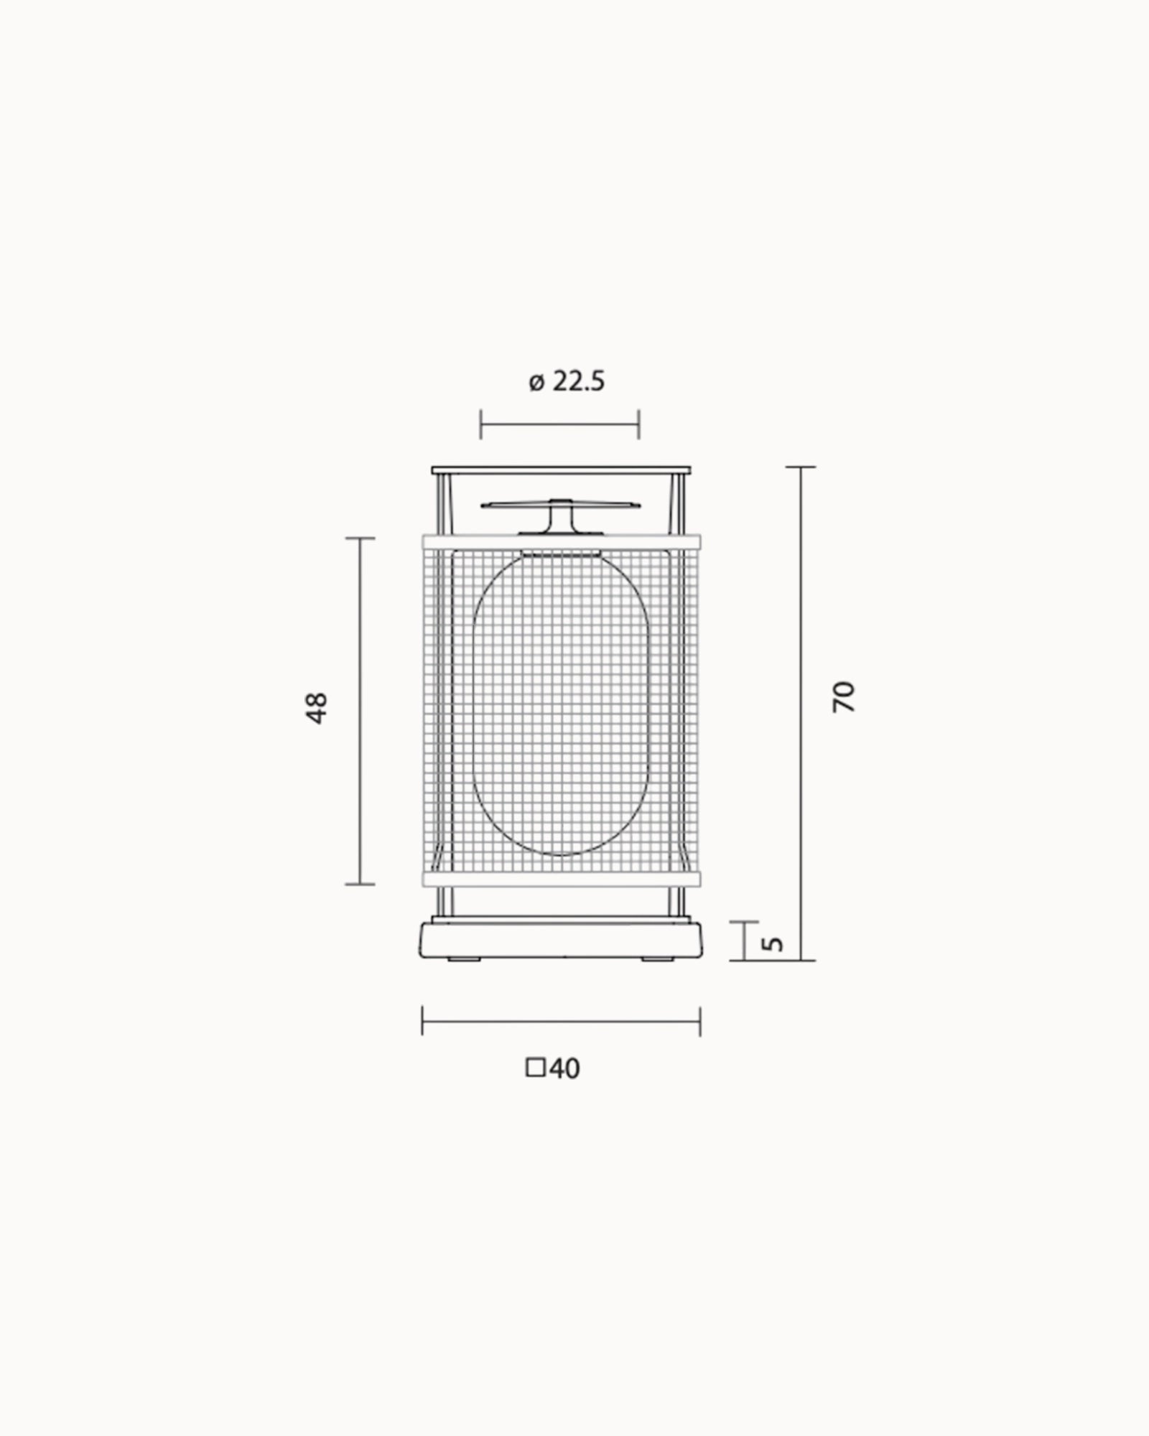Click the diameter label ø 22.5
[x=567, y=381]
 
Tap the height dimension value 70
[x=845, y=696]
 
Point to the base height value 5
[x=773, y=943]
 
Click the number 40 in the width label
[x=564, y=1089]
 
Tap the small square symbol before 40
[x=535, y=1088]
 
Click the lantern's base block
[x=561, y=940]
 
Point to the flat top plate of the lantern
[x=561, y=470]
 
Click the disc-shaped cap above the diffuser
[x=560, y=505]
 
